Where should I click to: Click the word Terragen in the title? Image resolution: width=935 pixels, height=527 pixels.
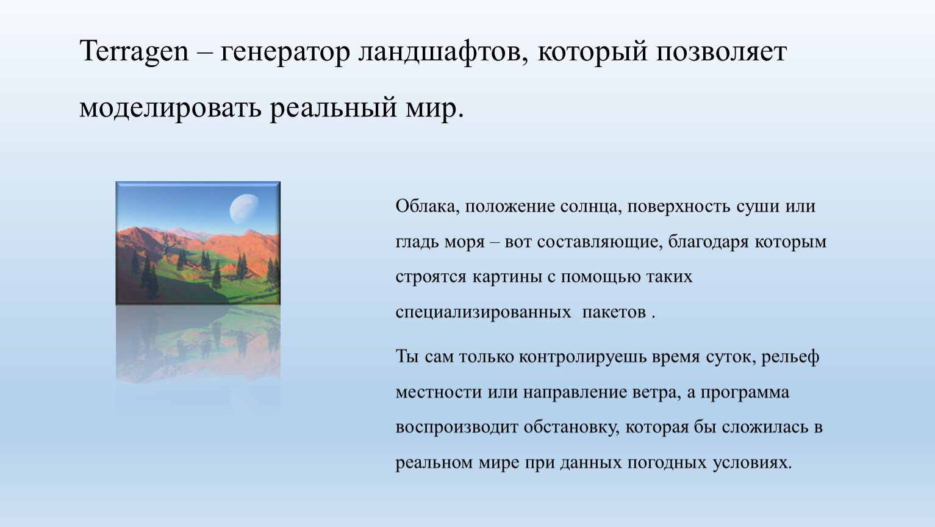coord(134,52)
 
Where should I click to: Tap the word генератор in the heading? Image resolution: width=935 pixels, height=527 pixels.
coord(285,54)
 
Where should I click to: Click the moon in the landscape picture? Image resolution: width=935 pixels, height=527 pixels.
coord(244,209)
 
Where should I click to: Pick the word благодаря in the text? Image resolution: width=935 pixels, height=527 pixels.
coord(709,242)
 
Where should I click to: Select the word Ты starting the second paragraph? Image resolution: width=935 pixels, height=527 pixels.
coord(407,357)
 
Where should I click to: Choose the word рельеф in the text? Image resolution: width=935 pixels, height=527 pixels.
coord(790,357)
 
